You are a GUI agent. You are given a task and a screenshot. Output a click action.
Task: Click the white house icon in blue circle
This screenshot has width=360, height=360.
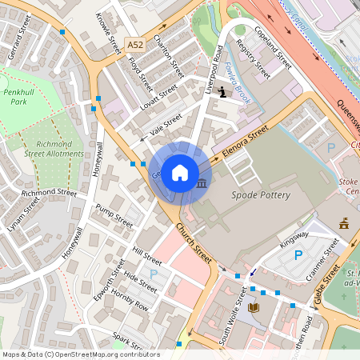(180, 173)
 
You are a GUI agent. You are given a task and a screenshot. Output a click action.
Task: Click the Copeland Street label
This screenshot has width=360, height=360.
(273, 46)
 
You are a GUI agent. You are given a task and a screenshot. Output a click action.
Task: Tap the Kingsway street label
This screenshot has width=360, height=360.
(294, 238)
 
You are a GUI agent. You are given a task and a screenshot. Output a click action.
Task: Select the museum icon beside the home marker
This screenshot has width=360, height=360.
(201, 184)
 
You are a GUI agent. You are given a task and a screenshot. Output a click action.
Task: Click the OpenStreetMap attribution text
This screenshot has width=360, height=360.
(81, 354)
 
